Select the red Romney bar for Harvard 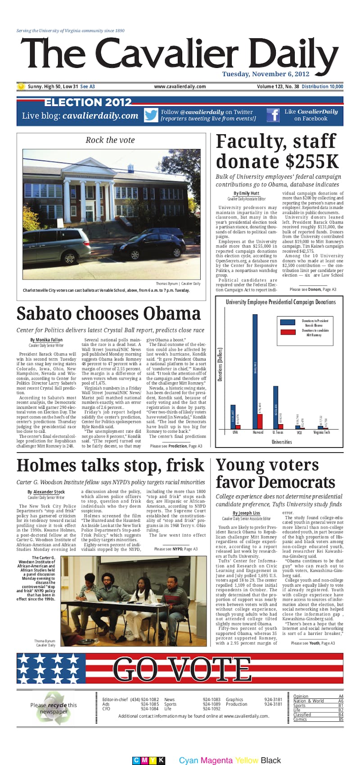tap(260, 421)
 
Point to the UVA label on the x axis tap(235, 432)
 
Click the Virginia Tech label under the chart tap(321, 432)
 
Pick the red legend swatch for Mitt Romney tap(288, 332)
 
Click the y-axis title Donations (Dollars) tap(220, 364)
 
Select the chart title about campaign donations tap(280, 302)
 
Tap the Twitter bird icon tap(151, 115)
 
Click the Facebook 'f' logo tap(273, 115)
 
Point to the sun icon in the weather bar tap(21, 86)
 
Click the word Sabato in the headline tap(50, 314)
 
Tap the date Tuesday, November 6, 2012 tap(265, 74)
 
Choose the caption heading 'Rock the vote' tap(110, 140)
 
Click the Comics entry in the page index tap(300, 720)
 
